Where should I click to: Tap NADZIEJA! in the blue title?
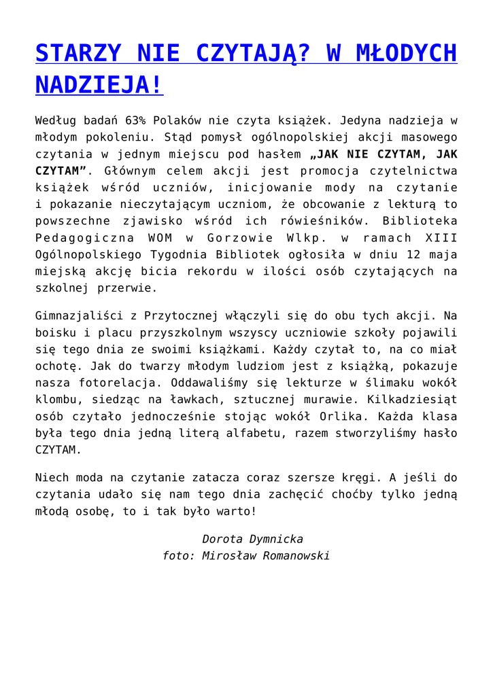tap(99, 85)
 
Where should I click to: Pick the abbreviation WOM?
tap(159, 238)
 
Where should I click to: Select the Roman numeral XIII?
tap(441, 238)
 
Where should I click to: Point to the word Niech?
tap(52, 478)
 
